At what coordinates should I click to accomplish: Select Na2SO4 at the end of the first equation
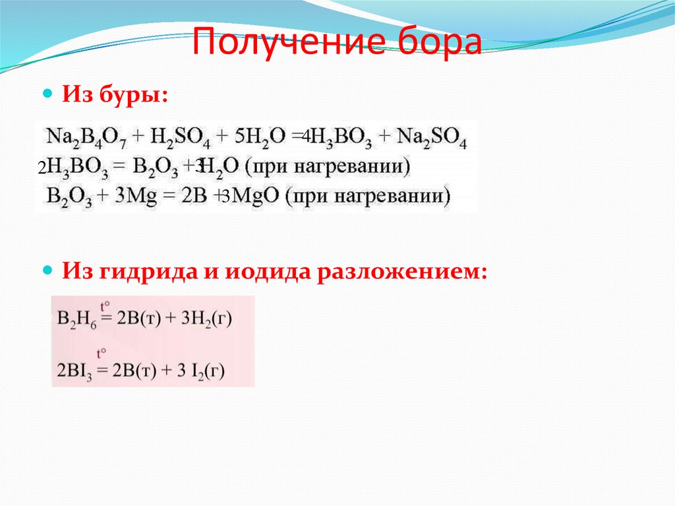[x=433, y=137]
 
